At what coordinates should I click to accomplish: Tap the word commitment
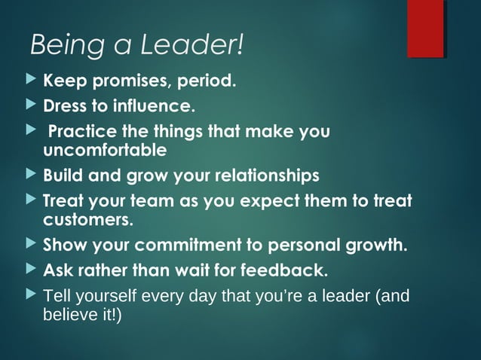(x=182, y=246)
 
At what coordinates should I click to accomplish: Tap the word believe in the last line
(x=69, y=313)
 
